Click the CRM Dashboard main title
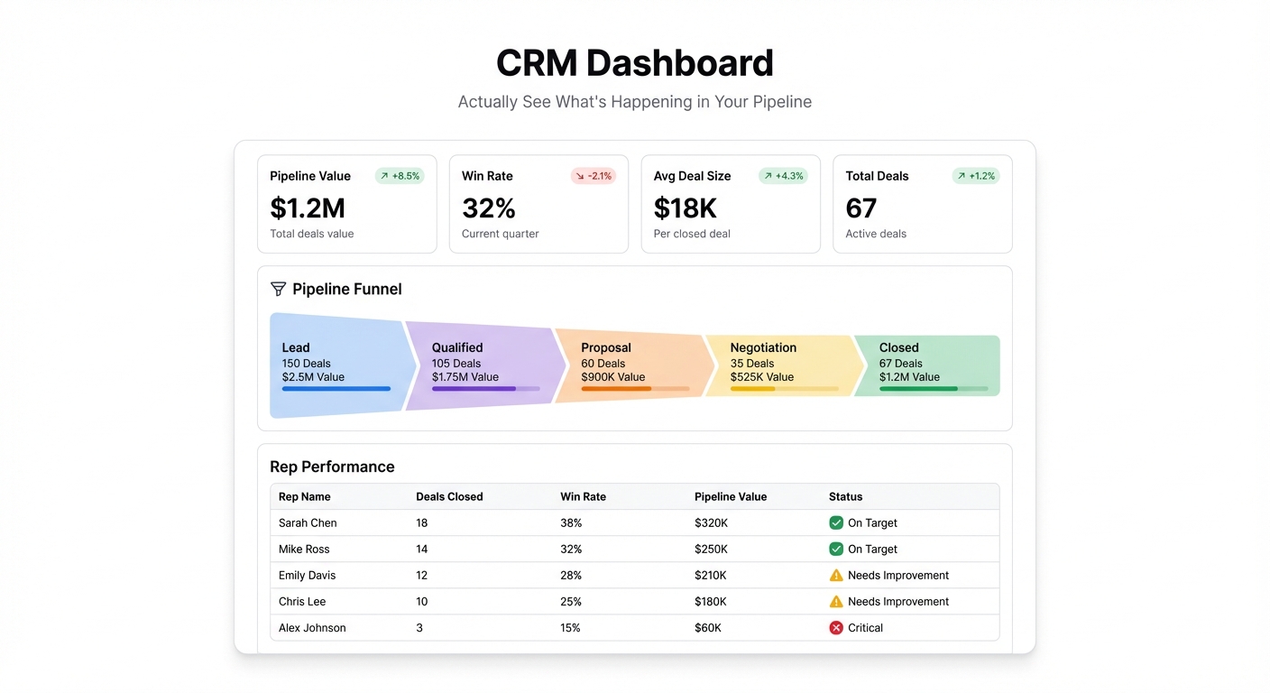pos(634,63)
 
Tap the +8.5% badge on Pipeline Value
pos(400,176)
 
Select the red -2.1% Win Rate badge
pos(594,176)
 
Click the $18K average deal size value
pos(685,208)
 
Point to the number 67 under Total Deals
pos(860,208)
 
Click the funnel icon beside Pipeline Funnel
pos(278,289)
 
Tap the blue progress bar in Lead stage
pos(336,389)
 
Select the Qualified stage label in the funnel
pos(456,347)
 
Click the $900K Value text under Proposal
pos(612,377)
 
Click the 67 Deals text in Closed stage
pos(900,364)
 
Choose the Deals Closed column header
pos(449,496)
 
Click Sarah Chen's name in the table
pos(307,522)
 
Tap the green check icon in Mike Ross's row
pos(836,549)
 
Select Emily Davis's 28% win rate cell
pos(571,575)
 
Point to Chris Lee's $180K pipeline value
pos(710,601)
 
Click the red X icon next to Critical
pos(836,627)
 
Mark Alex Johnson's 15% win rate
pos(570,627)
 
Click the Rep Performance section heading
pos(332,467)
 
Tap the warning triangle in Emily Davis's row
pos(836,575)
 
